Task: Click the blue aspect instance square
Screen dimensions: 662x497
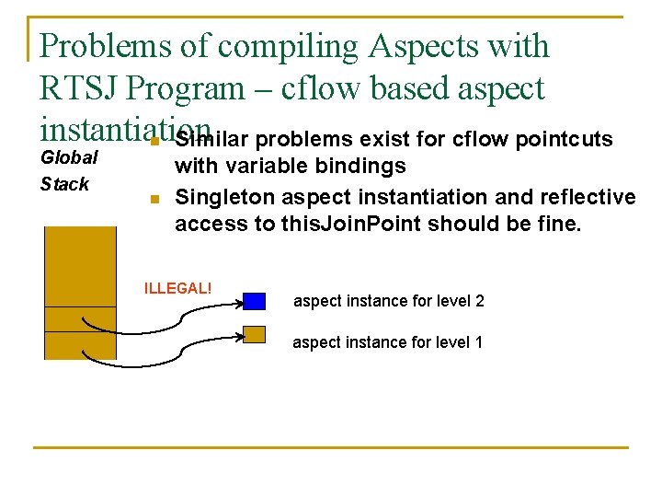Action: pos(255,301)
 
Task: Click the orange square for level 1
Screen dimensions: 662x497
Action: pos(255,335)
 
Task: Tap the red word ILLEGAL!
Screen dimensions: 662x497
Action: pos(177,288)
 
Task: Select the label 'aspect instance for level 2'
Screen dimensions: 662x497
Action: pos(388,301)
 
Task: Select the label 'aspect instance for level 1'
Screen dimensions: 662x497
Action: pos(387,342)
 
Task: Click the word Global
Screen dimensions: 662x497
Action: pos(69,157)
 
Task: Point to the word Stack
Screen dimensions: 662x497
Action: pos(64,184)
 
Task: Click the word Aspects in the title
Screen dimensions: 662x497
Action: pos(419,45)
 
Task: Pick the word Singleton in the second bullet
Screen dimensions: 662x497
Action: pos(220,197)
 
